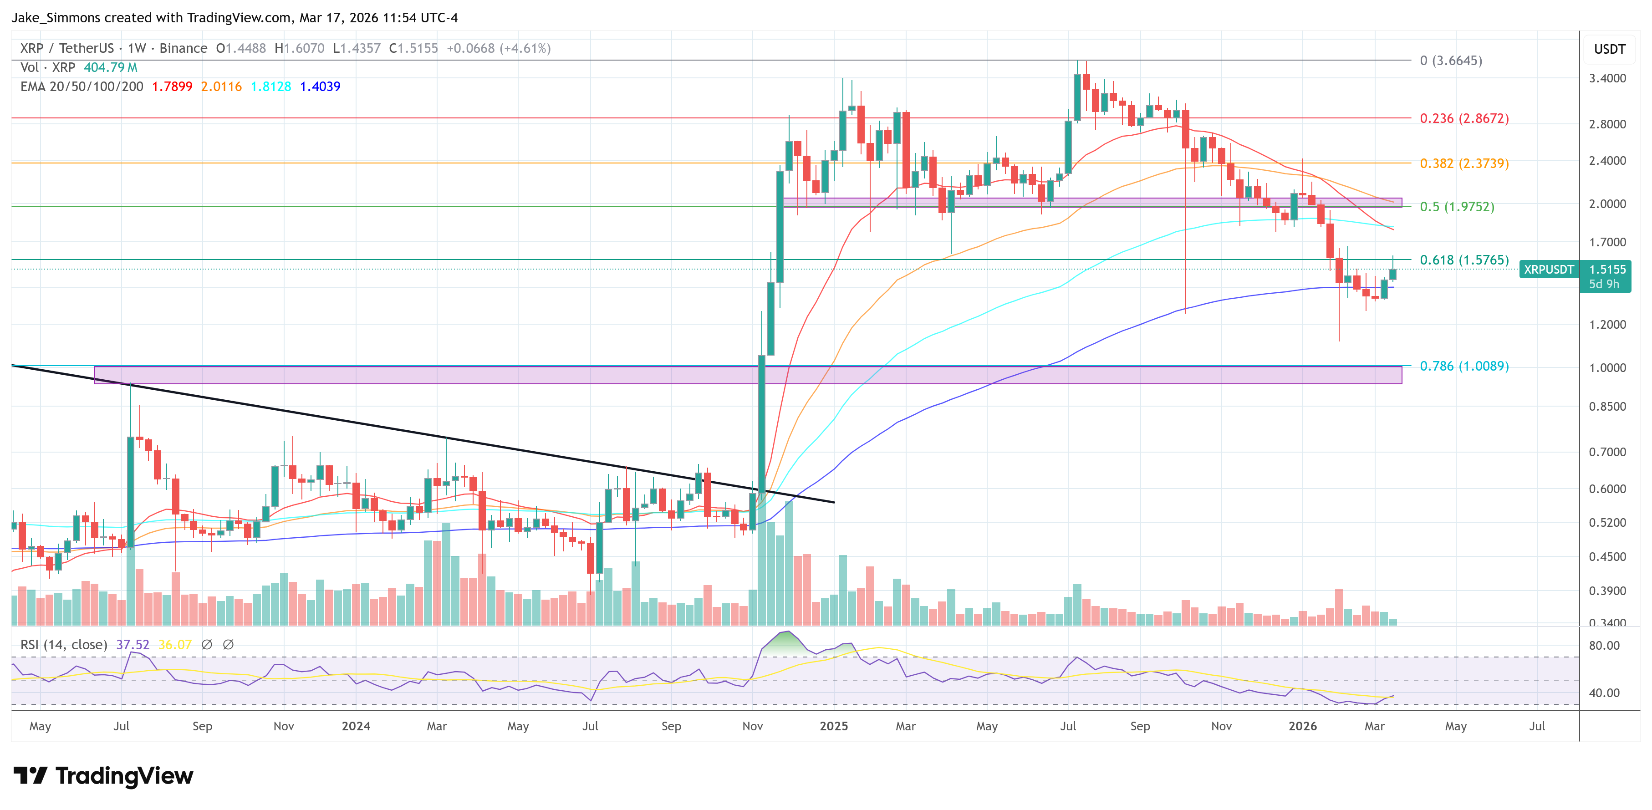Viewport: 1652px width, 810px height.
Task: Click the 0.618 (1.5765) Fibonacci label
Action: (1463, 260)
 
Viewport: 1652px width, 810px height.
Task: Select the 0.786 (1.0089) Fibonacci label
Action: (1463, 366)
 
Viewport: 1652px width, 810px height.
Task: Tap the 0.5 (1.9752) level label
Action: (1456, 207)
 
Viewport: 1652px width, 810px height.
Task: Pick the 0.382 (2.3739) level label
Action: (1463, 163)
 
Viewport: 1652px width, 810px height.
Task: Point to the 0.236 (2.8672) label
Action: (1463, 119)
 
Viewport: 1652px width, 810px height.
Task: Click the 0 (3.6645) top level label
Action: (1451, 60)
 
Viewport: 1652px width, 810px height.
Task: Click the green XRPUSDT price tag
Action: (1548, 270)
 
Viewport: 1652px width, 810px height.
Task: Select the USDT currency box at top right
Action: (1609, 49)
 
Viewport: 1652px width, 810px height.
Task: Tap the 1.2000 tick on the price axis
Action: (1607, 325)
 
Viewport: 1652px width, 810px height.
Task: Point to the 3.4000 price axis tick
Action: (1607, 78)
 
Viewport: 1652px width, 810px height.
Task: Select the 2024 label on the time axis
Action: (356, 726)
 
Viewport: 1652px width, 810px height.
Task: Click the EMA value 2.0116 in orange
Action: (221, 87)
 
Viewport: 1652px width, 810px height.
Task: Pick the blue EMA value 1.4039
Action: (320, 87)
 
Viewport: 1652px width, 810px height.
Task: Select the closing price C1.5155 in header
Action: (413, 48)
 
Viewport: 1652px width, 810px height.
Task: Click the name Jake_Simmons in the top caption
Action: (56, 17)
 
